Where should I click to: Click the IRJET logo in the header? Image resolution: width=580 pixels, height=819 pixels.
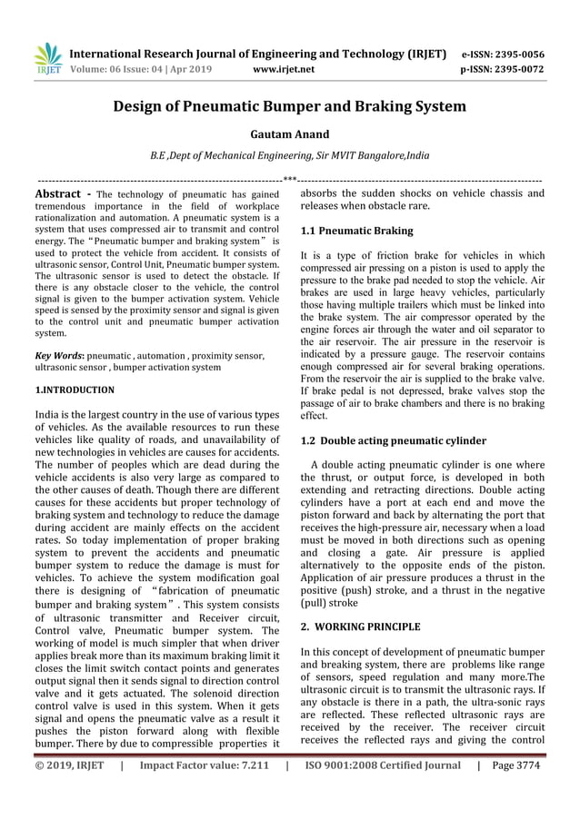[47, 58]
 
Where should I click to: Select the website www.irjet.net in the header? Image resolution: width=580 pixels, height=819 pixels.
[285, 68]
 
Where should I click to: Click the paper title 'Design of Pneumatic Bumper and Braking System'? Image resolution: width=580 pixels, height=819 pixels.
[289, 106]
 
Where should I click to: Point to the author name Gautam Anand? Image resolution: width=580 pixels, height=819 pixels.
[289, 134]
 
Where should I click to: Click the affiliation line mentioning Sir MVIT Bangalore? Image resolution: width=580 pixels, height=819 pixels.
[289, 156]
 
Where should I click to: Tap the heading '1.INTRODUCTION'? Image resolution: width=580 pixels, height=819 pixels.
[74, 390]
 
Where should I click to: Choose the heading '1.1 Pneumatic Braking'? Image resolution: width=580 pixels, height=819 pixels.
[356, 232]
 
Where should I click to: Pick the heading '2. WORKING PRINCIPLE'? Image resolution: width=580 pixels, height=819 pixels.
[360, 627]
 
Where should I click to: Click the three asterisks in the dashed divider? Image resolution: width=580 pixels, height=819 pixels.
[289, 179]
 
